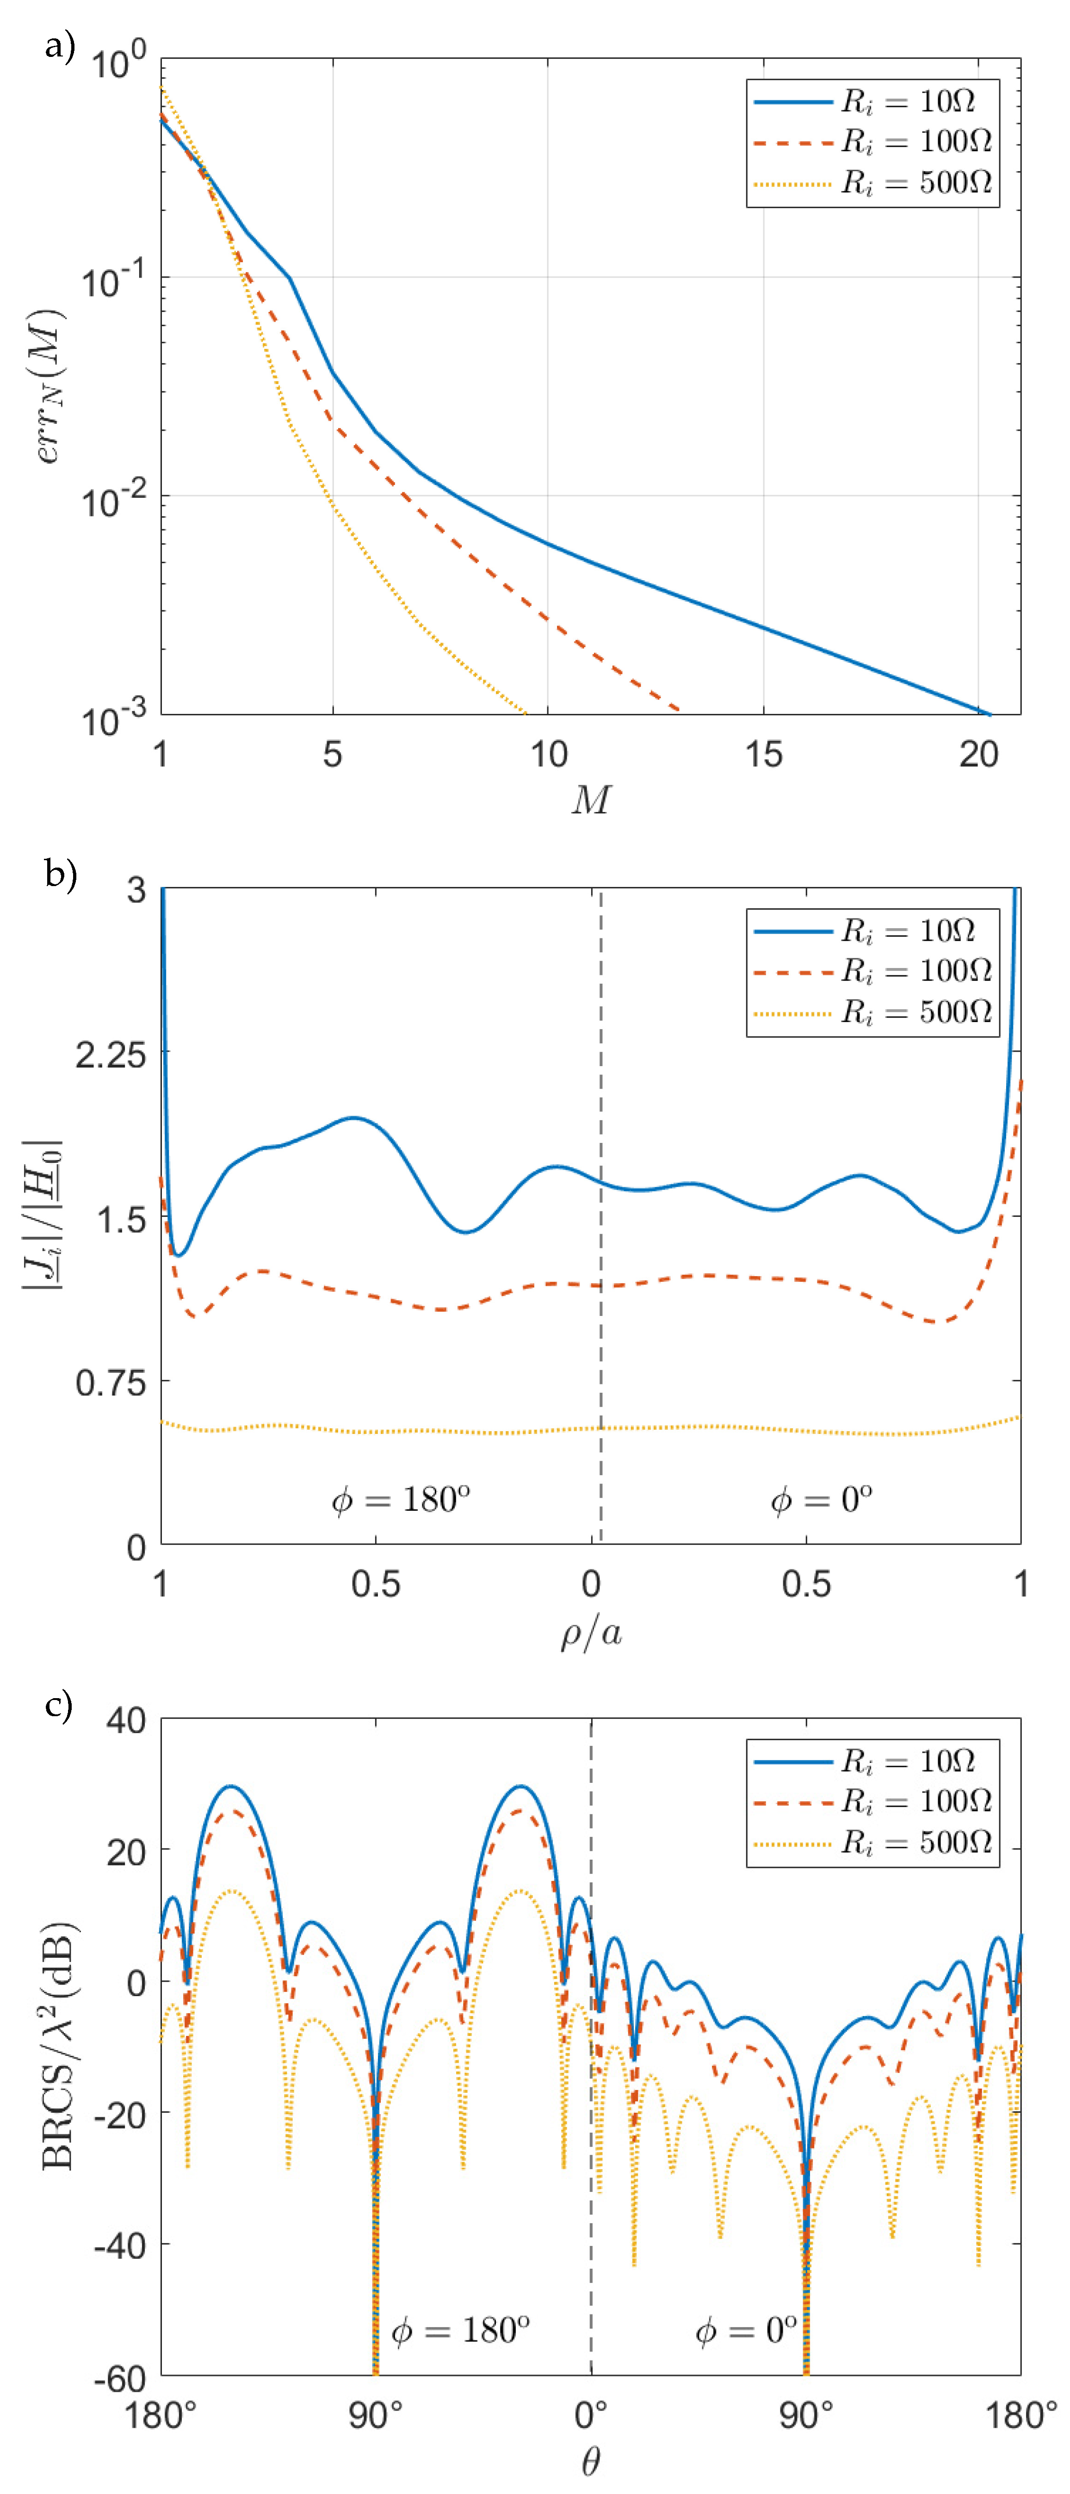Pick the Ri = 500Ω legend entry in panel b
(872, 1013)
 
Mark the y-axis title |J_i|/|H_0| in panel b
(43, 1215)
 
